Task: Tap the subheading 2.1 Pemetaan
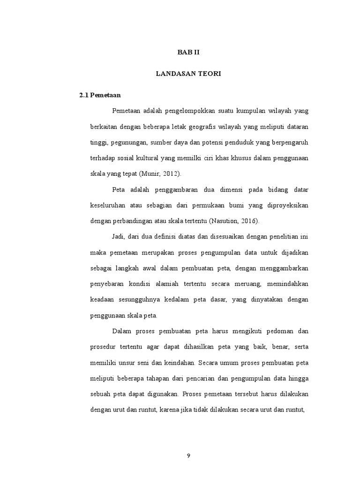[100, 95]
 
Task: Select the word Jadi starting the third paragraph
[119, 237]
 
